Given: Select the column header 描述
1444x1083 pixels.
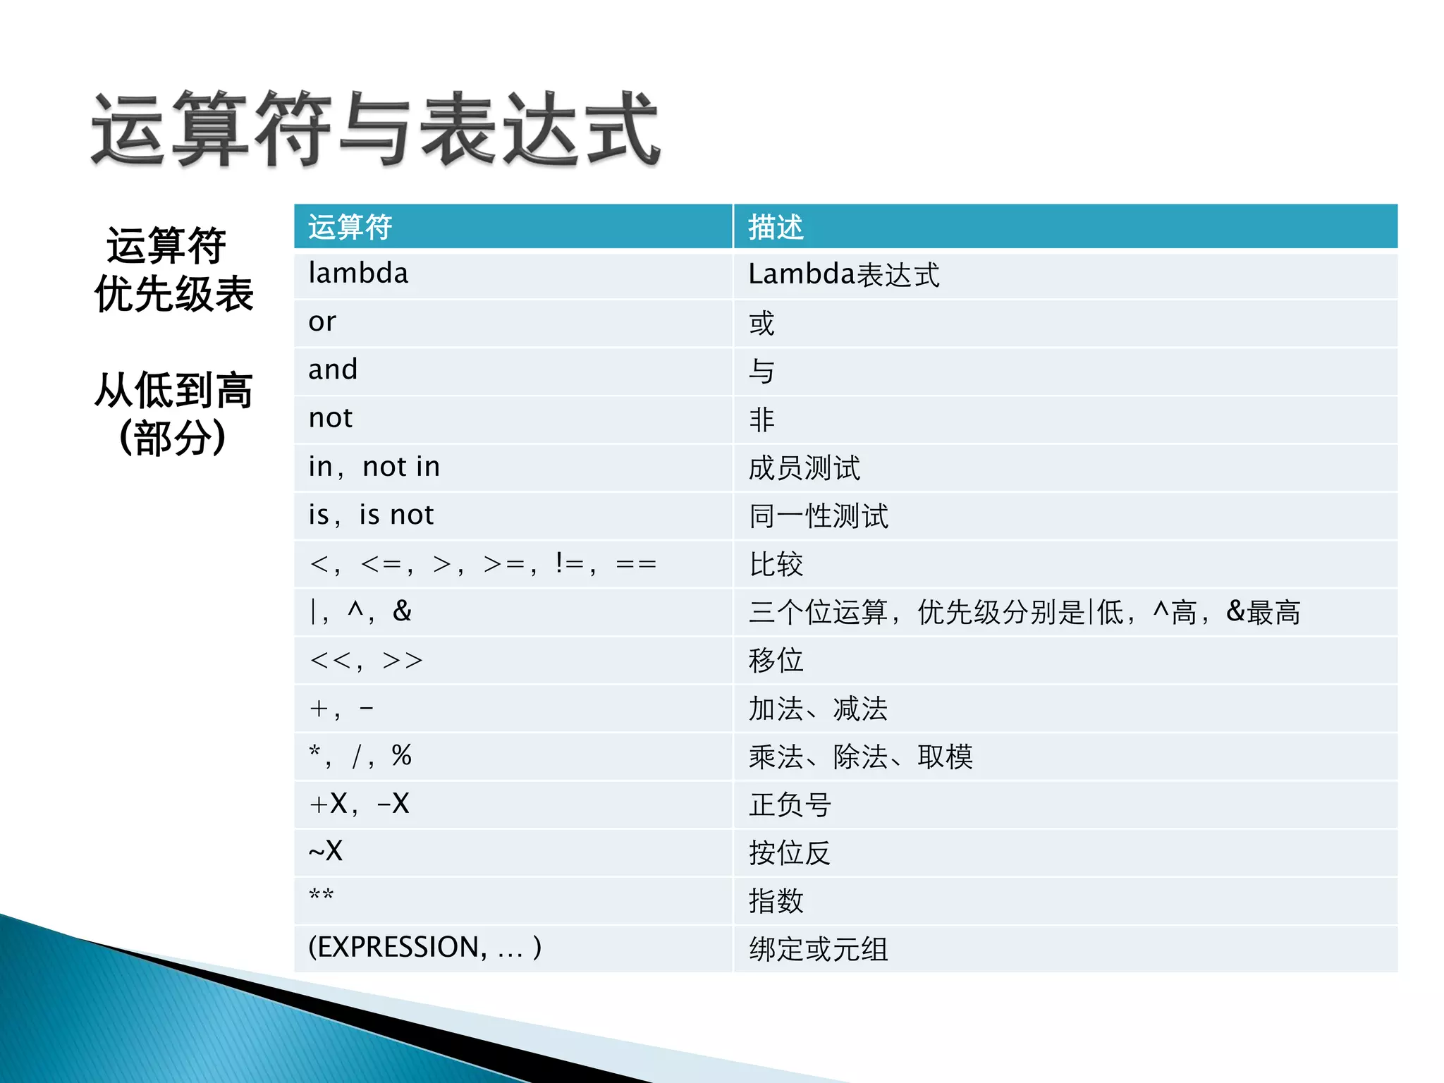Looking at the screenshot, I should click(776, 227).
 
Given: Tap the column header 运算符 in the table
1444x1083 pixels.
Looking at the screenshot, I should click(350, 227).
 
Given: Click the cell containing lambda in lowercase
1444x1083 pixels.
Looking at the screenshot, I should click(358, 274).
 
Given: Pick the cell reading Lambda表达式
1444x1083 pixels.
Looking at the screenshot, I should click(843, 275).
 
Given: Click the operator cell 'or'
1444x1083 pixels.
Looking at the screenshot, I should click(322, 322).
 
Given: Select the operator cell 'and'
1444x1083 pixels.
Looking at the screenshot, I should click(333, 370).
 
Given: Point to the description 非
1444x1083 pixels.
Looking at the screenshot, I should click(761, 420).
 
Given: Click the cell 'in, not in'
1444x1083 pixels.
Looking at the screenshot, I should click(374, 467).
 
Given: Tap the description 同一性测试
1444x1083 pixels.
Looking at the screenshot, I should click(818, 516).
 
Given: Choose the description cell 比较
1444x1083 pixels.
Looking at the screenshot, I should click(776, 564).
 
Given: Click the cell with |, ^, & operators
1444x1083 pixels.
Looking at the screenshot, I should click(360, 611).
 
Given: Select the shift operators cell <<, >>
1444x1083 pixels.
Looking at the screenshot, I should click(366, 661).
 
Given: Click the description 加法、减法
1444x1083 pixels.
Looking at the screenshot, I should click(817, 709).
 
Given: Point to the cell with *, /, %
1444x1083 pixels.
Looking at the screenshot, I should click(360, 757).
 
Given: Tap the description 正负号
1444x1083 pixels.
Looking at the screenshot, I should click(790, 804).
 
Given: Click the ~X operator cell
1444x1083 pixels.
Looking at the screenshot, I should click(326, 852).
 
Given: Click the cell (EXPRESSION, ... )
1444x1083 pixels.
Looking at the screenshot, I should click(424, 948).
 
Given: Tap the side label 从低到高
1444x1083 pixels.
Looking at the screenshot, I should click(173, 390).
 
